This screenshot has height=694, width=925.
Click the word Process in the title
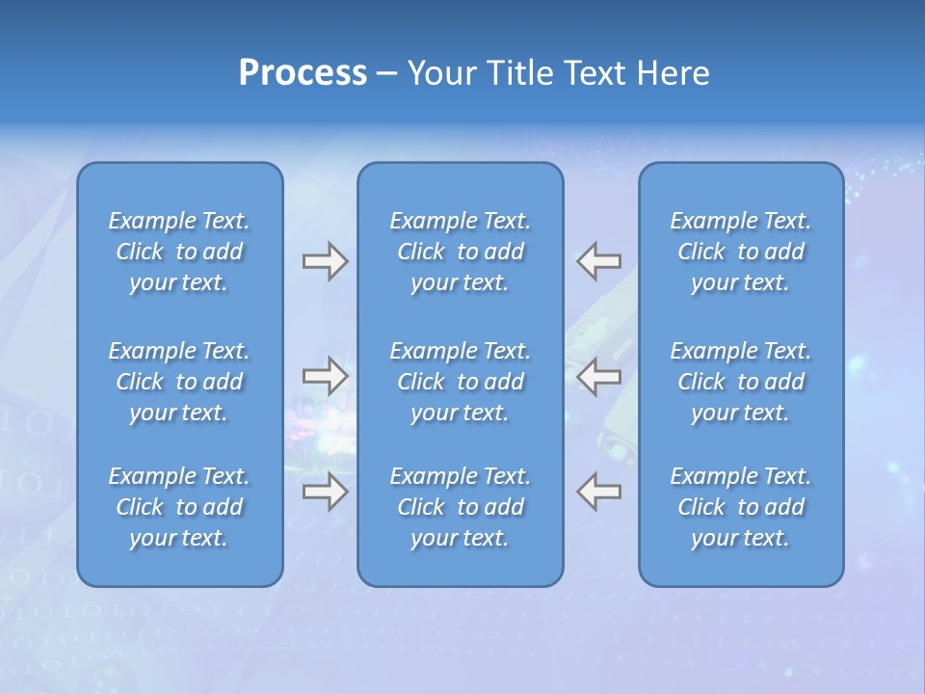pos(303,73)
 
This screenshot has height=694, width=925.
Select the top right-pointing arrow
pos(325,261)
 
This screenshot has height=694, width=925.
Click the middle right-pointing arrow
pos(325,376)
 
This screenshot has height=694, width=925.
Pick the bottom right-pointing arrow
pos(325,492)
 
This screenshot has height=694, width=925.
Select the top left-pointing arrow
pos(599,261)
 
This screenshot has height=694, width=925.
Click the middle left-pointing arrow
pos(599,376)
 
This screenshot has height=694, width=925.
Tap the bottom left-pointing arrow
pos(599,492)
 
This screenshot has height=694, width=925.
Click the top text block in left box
pos(179,252)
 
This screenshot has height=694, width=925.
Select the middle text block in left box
pos(179,382)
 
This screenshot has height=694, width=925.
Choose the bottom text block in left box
pos(179,507)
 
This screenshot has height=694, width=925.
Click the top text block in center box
pos(461,252)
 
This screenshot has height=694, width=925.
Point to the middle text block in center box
pos(461,382)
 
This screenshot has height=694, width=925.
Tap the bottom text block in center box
pos(461,507)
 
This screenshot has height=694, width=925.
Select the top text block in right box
pos(741,252)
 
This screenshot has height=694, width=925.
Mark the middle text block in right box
pos(741,382)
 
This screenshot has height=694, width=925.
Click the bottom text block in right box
pos(741,507)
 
